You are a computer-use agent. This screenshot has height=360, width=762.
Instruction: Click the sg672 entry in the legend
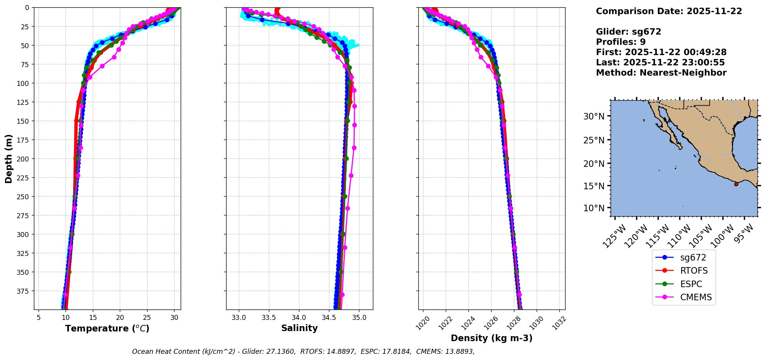693,257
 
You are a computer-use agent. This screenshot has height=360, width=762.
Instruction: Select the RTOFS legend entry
694,271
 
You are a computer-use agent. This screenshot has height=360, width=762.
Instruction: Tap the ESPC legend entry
691,284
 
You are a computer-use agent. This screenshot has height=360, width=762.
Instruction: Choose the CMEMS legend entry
696,297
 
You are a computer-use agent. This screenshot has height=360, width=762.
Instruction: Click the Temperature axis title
107,328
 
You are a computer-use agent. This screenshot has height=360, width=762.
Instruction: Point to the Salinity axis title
299,328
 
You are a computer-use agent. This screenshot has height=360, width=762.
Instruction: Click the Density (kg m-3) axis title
492,338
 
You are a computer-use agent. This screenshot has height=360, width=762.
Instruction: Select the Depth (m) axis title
9,158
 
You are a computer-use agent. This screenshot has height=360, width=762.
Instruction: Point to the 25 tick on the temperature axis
147,317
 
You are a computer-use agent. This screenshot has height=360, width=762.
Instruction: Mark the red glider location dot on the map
736,184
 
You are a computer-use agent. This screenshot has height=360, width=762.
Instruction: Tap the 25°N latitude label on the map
594,140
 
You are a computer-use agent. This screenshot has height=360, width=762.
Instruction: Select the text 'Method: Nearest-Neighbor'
661,73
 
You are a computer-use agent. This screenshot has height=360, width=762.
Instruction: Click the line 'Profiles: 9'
621,42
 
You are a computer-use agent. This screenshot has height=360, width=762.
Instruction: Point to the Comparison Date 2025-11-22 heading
669,11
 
